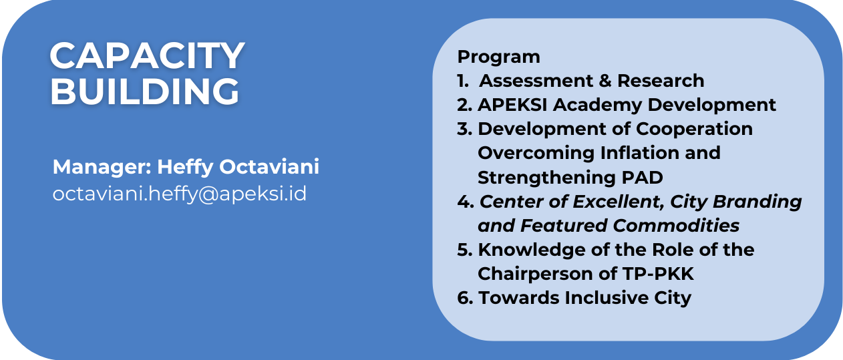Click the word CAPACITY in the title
147,55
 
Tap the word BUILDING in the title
145,91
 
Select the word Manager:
102,167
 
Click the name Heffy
185,168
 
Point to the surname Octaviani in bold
269,167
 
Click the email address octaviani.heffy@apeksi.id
180,194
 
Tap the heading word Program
498,57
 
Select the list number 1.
463,81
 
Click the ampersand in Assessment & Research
605,81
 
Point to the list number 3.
465,129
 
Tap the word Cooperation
694,130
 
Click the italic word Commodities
676,226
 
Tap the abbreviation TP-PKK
657,274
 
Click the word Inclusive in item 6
607,298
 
